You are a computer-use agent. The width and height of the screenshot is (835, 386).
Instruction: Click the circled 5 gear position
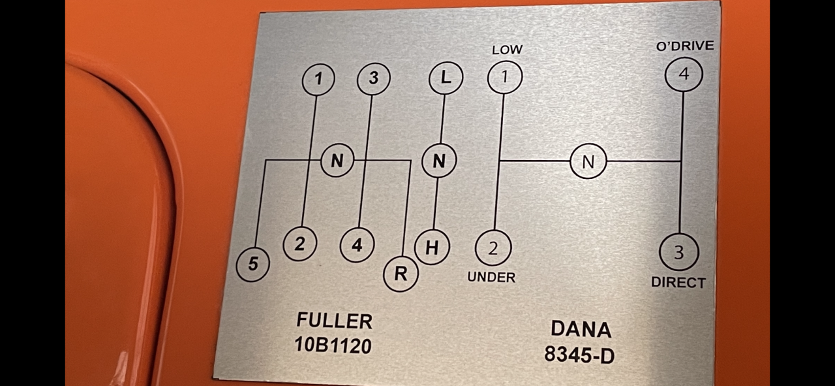[x=252, y=264]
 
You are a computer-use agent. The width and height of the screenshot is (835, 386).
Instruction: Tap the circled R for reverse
[x=401, y=274]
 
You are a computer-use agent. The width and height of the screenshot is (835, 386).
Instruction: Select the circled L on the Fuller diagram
[x=446, y=78]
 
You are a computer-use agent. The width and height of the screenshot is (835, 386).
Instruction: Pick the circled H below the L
[x=432, y=248]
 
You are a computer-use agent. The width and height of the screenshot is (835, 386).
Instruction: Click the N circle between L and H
[x=439, y=161]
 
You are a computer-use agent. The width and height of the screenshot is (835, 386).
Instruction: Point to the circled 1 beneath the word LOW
[x=505, y=76]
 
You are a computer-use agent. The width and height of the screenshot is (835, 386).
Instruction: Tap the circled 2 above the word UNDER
[x=493, y=248]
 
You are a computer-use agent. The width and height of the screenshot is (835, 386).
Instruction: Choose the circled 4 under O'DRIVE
[x=684, y=74]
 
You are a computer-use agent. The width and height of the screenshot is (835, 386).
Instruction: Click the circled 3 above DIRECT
[x=679, y=252]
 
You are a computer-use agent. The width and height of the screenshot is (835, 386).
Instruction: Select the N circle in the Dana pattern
[x=588, y=161]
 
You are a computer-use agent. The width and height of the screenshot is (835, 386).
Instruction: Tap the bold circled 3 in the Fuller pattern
[x=374, y=79]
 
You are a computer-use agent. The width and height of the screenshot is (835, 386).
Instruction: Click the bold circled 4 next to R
[x=357, y=246]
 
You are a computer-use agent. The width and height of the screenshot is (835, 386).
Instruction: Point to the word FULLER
[x=335, y=321]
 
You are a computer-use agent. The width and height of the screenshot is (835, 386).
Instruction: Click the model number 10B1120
[x=333, y=344]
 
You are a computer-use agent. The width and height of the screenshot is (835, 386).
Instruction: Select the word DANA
[x=581, y=329]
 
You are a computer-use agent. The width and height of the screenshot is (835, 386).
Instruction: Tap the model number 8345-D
[x=579, y=354]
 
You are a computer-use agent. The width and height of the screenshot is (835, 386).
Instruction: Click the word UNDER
[x=491, y=277]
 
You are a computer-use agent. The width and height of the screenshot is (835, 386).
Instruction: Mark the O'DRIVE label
[x=685, y=46]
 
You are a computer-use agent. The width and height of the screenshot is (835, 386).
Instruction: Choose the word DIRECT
[x=678, y=283]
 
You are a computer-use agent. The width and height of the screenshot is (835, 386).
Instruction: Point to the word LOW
[x=507, y=50]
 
